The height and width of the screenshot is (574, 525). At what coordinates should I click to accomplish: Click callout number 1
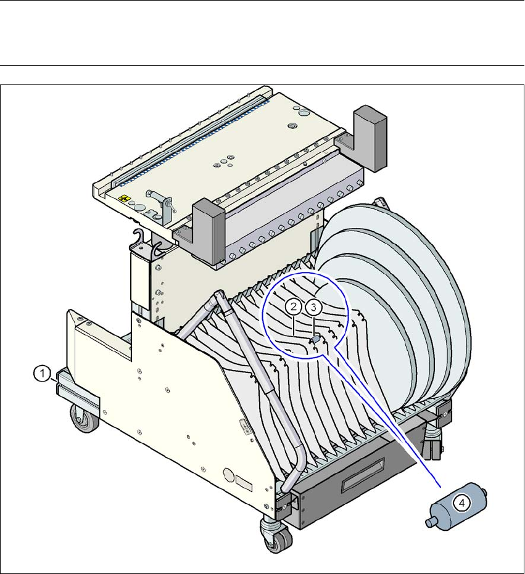click(x=42, y=374)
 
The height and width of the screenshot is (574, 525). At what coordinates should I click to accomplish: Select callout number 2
click(x=294, y=307)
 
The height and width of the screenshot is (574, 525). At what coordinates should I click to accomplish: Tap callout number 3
click(x=313, y=308)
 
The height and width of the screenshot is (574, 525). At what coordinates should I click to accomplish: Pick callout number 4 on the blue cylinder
click(x=461, y=503)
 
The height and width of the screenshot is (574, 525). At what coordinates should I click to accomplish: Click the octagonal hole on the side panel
click(x=229, y=475)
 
